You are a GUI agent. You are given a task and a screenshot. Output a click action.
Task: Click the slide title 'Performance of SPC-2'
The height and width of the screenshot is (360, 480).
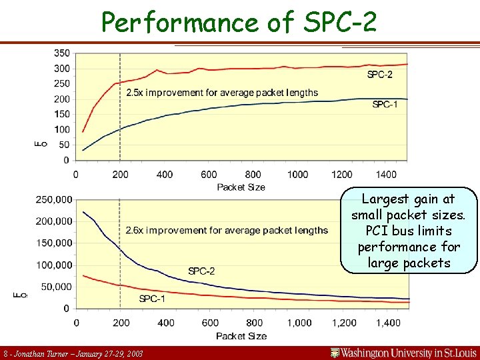point(239,22)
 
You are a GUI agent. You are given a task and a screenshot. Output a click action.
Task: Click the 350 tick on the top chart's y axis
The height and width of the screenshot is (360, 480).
point(61,53)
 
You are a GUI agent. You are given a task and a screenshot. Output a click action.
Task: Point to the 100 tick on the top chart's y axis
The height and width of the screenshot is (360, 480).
point(61,129)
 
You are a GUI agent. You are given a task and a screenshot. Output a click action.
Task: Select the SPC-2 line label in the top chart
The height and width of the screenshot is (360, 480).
point(379,75)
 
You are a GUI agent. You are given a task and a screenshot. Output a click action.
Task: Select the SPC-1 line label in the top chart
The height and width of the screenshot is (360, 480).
point(385,104)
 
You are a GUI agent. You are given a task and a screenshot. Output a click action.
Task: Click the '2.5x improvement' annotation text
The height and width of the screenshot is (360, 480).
point(222,93)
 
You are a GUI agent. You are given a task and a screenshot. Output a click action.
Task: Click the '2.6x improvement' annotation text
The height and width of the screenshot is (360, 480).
point(227,230)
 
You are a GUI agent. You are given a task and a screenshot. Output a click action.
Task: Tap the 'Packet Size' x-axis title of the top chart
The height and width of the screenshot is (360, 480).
point(241,187)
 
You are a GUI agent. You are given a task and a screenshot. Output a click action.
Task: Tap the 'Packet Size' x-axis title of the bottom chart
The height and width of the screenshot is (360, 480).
point(241,335)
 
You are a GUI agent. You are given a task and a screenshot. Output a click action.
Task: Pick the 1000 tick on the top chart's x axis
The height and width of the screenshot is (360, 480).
point(297,175)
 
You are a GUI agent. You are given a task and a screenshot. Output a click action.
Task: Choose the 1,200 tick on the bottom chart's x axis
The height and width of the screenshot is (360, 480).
point(344,323)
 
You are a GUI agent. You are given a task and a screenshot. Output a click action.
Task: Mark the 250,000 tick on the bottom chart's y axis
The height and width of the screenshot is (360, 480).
point(54,199)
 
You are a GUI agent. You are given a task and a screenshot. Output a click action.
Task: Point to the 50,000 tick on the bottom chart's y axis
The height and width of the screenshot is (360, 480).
point(57,287)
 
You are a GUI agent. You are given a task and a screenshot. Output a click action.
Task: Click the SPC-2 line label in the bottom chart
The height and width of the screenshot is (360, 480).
point(201,271)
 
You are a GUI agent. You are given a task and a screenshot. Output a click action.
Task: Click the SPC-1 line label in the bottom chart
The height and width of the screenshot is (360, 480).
point(152,299)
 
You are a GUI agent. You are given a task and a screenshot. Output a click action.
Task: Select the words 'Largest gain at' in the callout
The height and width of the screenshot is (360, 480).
point(408,199)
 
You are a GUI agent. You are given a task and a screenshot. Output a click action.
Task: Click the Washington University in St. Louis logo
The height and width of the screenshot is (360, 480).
point(403,351)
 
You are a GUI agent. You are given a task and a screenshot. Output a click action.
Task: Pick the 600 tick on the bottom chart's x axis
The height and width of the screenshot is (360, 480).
point(210,323)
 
